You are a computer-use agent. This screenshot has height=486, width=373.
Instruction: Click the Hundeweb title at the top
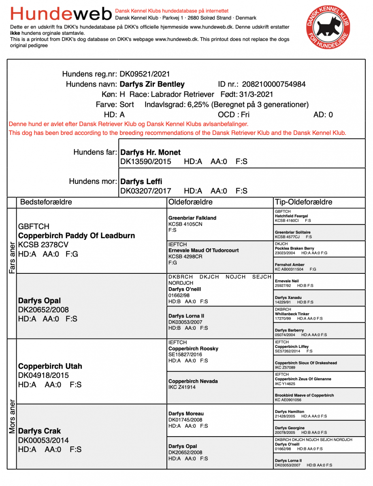click(x=61, y=14)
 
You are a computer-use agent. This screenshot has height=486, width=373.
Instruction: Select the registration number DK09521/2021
click(x=145, y=74)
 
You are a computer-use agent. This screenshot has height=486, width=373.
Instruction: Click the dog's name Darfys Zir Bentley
click(x=152, y=84)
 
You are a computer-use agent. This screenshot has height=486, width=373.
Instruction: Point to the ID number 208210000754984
click(x=274, y=84)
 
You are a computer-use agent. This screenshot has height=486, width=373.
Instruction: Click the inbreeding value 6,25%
click(x=198, y=104)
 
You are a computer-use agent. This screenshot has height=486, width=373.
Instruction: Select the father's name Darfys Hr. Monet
click(x=151, y=153)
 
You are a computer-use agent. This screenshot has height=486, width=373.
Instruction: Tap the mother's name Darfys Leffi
click(x=141, y=181)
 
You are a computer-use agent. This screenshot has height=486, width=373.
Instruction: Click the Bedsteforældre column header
click(x=46, y=202)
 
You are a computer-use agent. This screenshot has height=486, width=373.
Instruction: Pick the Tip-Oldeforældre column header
click(x=304, y=202)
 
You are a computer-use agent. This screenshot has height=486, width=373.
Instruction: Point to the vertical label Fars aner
click(x=12, y=258)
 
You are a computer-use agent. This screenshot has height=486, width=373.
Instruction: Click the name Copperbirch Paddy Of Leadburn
click(x=77, y=236)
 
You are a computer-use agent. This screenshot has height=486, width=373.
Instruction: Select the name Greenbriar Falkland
click(x=192, y=218)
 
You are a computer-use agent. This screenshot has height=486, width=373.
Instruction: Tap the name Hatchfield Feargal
click(x=291, y=216)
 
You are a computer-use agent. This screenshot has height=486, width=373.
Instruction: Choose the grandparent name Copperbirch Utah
click(x=50, y=366)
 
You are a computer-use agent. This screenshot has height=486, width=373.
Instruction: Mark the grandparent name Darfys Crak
click(x=40, y=431)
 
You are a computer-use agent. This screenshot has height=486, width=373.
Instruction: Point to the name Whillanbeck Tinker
click(x=292, y=314)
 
